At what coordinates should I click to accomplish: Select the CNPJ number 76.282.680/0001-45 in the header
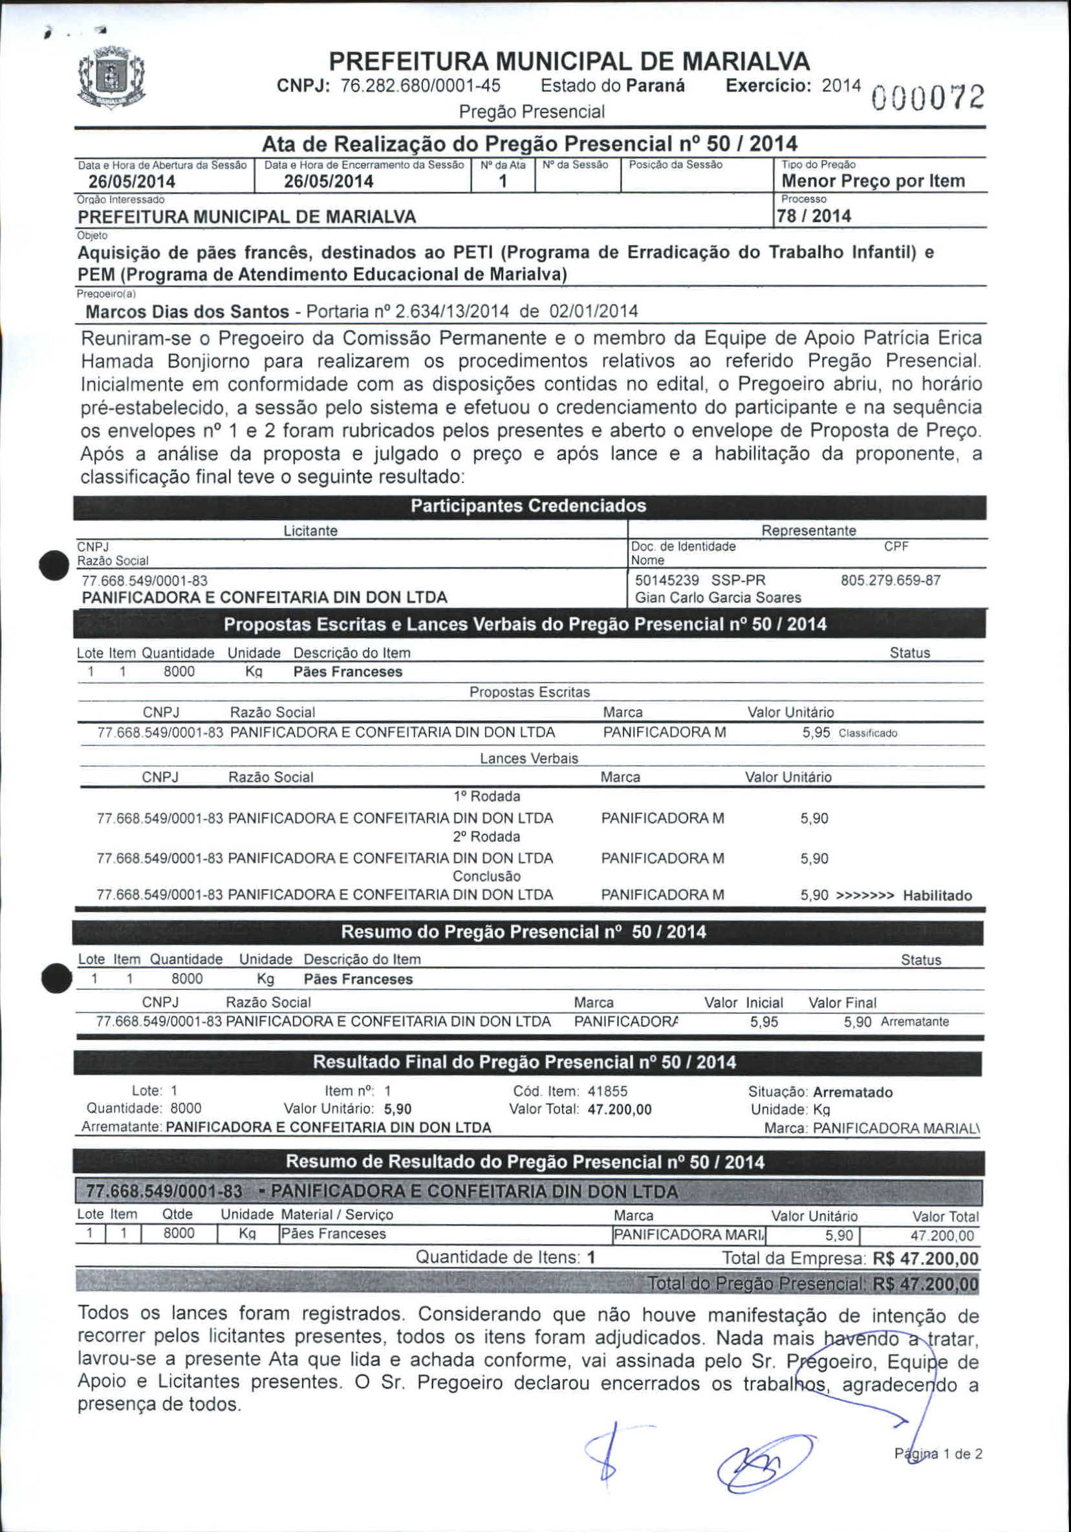(x=420, y=86)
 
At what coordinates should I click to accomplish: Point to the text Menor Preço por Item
(x=873, y=181)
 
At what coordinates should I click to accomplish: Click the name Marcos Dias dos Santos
(x=188, y=312)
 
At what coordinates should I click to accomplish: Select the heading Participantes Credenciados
(x=528, y=506)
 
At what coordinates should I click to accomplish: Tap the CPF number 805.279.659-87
(x=891, y=580)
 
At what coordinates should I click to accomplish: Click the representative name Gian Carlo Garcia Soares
(x=717, y=597)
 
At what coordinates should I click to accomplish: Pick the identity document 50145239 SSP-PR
(x=700, y=580)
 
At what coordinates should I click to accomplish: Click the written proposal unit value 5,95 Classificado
(x=849, y=732)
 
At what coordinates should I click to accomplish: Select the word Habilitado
(x=937, y=895)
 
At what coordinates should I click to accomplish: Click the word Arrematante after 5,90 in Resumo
(x=914, y=1022)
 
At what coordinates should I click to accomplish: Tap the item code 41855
(x=607, y=1091)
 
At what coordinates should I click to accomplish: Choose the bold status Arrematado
(x=852, y=1092)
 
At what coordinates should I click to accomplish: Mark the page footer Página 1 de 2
(x=938, y=1454)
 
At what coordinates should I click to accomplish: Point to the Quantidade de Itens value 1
(x=591, y=1258)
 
